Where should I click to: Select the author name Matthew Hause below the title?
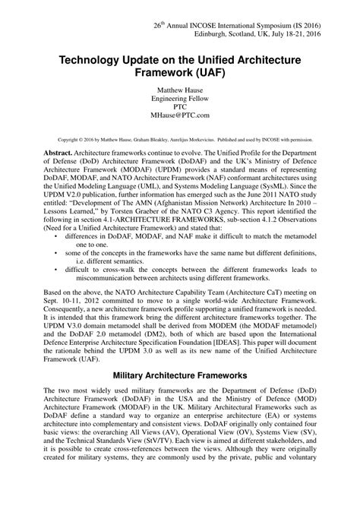click(x=179, y=97)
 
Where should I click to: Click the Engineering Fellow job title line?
click(x=179, y=106)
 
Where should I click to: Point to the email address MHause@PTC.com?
click(x=179, y=124)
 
